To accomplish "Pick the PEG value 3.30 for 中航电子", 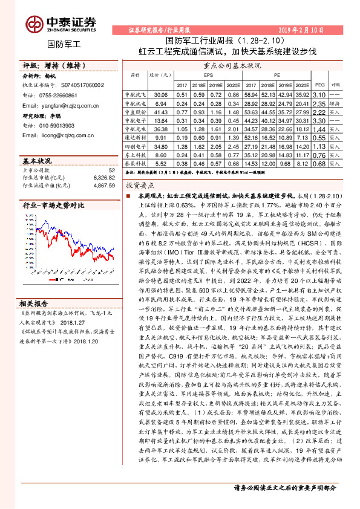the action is (x=320, y=121).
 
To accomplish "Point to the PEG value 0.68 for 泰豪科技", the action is (x=320, y=163).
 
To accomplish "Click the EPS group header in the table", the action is (x=208, y=76).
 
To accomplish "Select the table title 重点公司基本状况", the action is (x=232, y=65).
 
